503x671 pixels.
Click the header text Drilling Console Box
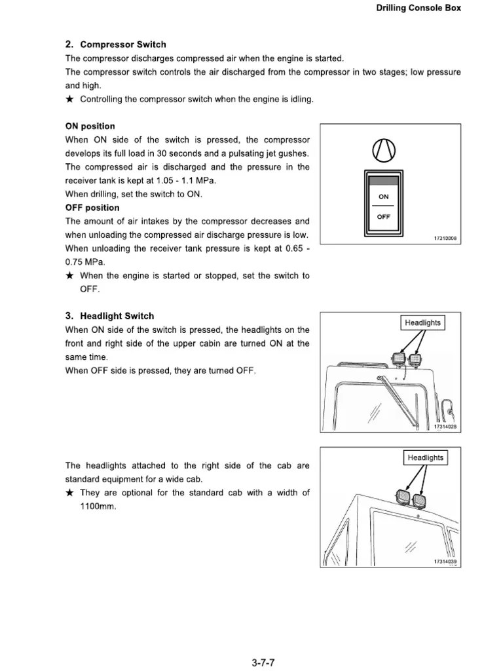tap(419, 8)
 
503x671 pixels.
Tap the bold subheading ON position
tap(90, 126)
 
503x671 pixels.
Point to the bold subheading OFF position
tap(92, 208)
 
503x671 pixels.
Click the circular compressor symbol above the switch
tap(383, 151)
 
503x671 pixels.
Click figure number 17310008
tap(445, 238)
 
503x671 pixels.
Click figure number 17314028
tap(445, 427)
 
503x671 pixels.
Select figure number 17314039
tap(445, 562)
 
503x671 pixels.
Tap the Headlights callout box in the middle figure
tap(422, 322)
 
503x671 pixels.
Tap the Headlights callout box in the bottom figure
tap(425, 457)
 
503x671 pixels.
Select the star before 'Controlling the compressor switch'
tap(70, 99)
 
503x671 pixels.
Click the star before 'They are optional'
tap(70, 493)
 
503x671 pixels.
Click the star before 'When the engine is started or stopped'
tap(70, 276)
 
